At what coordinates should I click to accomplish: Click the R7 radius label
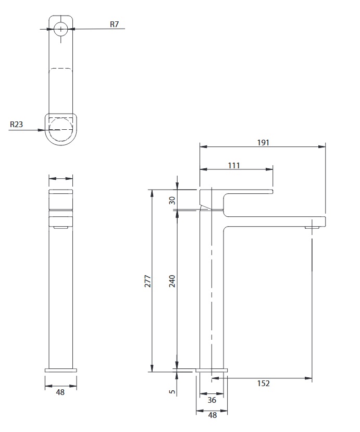click(114, 24)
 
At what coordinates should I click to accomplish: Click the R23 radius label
click(16, 124)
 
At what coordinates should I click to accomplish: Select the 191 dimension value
click(263, 142)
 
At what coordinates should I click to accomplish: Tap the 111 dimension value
click(234, 165)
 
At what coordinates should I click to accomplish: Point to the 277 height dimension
click(148, 281)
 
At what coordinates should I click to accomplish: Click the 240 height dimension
click(172, 281)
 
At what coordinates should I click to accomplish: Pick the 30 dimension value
click(172, 200)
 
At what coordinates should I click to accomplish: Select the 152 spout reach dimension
click(263, 383)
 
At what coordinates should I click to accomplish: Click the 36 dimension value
click(212, 400)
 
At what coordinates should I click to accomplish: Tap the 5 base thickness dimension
click(172, 391)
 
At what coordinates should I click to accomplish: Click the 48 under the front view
click(60, 392)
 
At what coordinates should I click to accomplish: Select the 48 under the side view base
click(213, 415)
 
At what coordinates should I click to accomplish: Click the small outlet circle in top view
click(60, 29)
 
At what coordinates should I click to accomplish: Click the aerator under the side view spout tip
click(312, 228)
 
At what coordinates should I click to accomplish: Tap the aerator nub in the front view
click(60, 227)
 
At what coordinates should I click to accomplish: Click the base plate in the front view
click(61, 371)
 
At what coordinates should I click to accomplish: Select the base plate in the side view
click(212, 371)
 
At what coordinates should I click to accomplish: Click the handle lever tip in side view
click(271, 192)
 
